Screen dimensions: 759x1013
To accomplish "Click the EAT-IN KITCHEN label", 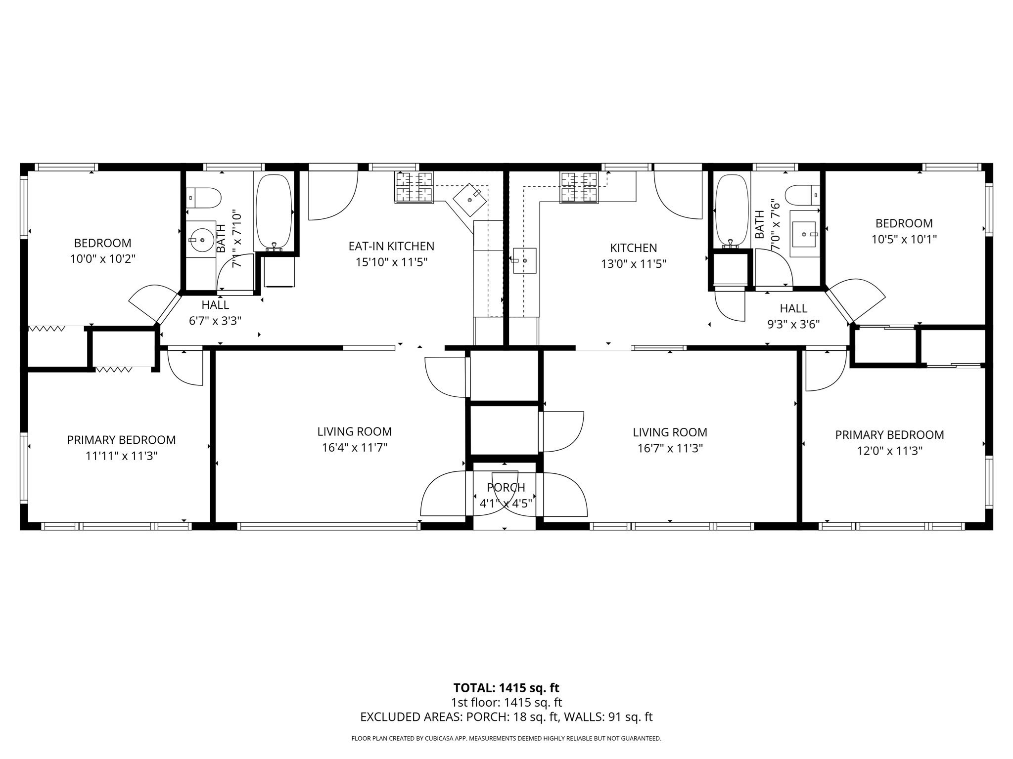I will coord(391,246).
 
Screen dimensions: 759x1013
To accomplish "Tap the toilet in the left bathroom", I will coord(204,198).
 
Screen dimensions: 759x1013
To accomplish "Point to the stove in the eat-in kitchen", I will coord(414,187).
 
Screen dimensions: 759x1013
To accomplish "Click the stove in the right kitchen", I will coord(579,187).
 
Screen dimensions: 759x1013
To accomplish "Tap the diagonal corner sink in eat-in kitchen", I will coord(470,200).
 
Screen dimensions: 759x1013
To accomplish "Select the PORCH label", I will coord(506,488).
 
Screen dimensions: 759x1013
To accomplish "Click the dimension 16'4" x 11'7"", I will coord(354,448).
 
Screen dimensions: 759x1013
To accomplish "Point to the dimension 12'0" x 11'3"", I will coord(889,451).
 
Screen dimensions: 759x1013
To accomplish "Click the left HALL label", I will coord(215,305).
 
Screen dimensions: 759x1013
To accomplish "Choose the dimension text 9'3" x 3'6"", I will coord(793,325).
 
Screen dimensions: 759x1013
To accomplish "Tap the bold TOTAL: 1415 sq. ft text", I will coord(506,688).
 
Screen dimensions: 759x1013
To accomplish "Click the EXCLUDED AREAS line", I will coord(506,717).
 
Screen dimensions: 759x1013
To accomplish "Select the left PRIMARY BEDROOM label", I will coord(121,440).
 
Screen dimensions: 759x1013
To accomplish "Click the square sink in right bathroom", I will coord(803,234).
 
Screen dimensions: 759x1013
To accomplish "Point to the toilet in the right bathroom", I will coord(802,195).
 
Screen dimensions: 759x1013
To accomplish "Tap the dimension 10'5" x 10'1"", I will coord(904,240).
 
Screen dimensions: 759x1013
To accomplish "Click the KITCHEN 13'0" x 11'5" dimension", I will coord(633,264).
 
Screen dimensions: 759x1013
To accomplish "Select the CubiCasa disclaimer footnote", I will coord(506,739).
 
